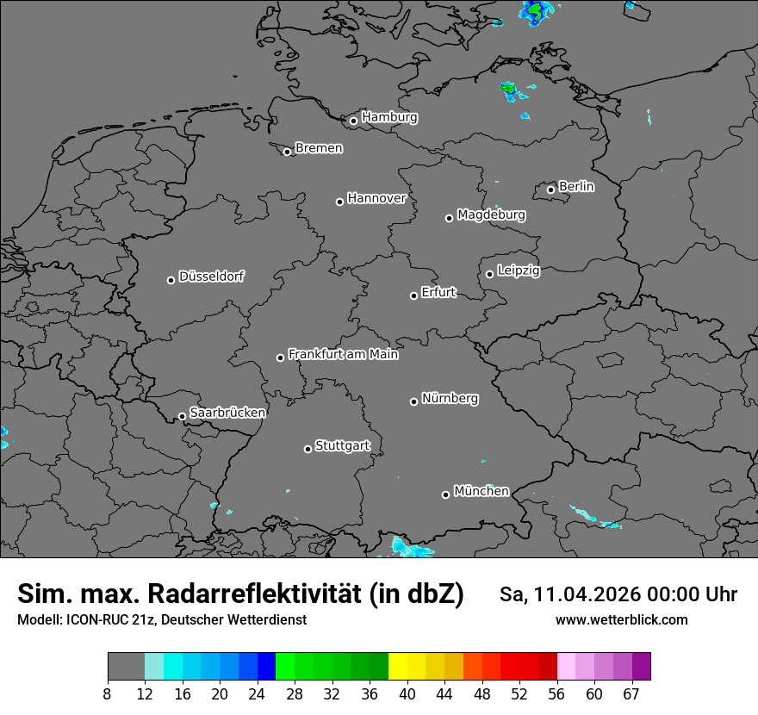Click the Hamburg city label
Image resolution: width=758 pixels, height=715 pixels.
pyautogui.click(x=389, y=116)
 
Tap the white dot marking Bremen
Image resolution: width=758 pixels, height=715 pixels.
pyautogui.click(x=288, y=152)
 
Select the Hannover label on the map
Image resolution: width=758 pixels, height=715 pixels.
pyautogui.click(x=376, y=198)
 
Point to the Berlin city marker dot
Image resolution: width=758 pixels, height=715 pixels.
pyautogui.click(x=551, y=190)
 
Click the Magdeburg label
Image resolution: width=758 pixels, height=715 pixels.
pyautogui.click(x=491, y=214)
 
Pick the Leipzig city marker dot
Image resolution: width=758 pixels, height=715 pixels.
pyautogui.click(x=489, y=274)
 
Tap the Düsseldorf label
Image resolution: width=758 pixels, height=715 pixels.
pyautogui.click(x=211, y=277)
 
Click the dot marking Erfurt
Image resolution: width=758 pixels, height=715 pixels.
pyautogui.click(x=413, y=295)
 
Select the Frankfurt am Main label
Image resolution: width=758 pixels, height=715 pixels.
pyautogui.click(x=343, y=354)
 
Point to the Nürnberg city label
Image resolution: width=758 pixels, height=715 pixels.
pyautogui.click(x=450, y=398)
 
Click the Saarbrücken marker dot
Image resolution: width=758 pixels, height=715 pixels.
pyautogui.click(x=182, y=416)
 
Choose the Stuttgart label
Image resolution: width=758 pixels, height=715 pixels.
pyautogui.click(x=342, y=445)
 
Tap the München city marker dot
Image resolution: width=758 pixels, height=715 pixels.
pyautogui.click(x=445, y=494)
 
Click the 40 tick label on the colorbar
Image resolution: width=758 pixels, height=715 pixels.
pyautogui.click(x=407, y=694)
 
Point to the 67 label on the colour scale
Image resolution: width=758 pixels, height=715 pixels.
pyautogui.click(x=631, y=694)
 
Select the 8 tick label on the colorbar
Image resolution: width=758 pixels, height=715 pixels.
pyautogui.click(x=108, y=694)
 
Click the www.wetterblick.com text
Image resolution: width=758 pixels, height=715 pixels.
pyautogui.click(x=621, y=619)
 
